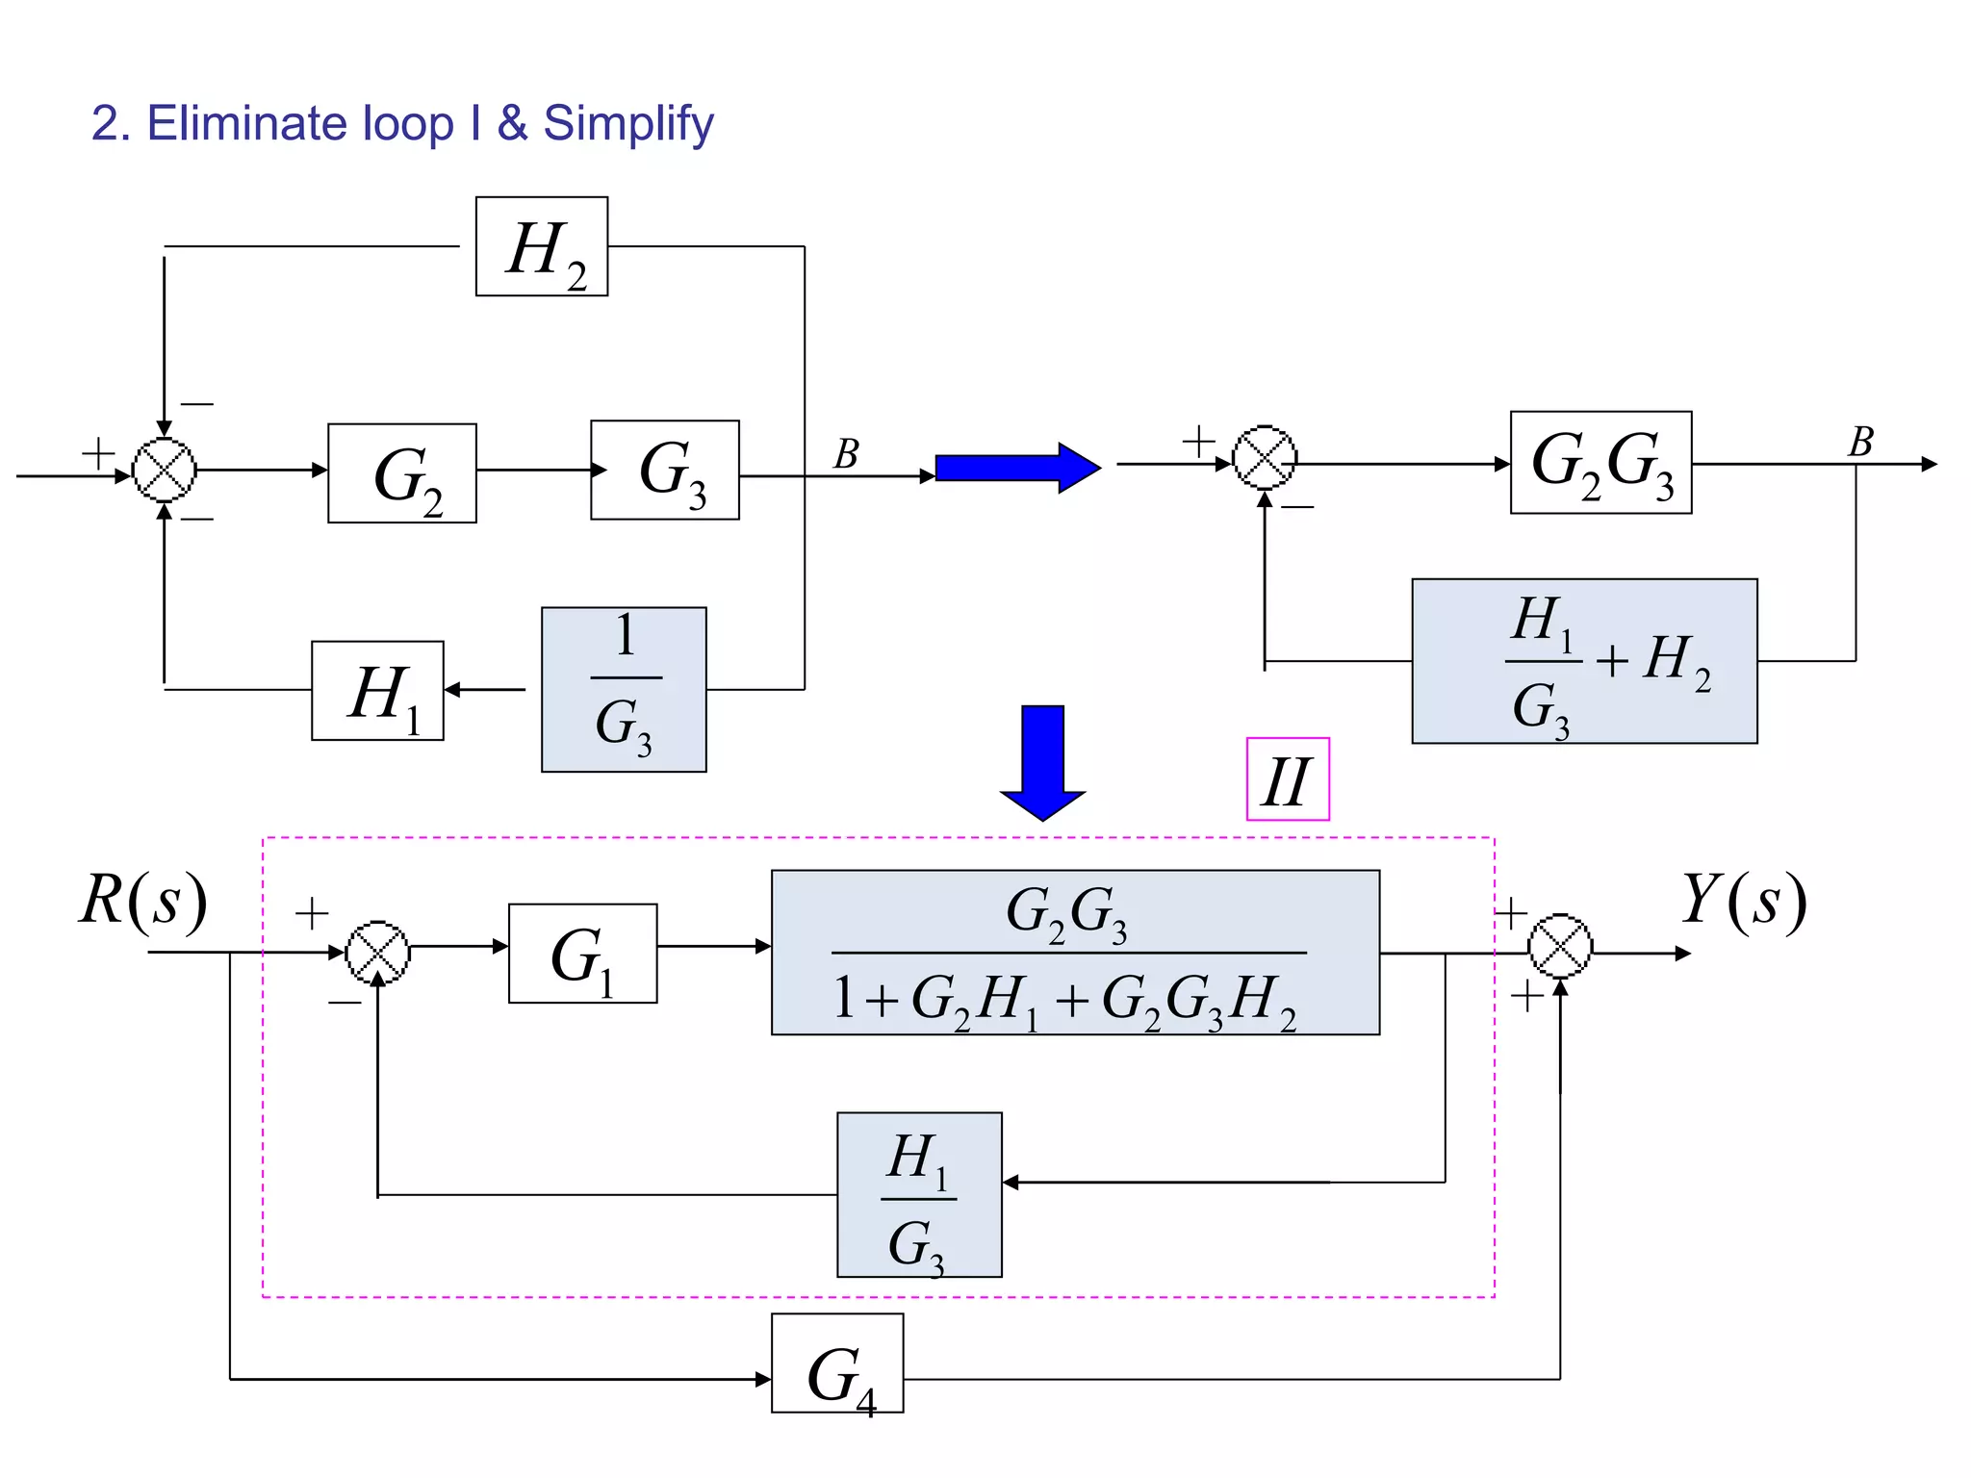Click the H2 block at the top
(542, 246)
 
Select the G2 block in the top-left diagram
(402, 473)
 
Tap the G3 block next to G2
(665, 470)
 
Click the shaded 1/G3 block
(624, 689)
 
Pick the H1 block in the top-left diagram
(377, 691)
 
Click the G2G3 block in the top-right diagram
(1600, 463)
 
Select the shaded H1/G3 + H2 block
(1584, 661)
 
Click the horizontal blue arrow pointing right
(1017, 468)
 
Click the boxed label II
(1288, 779)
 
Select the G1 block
(582, 954)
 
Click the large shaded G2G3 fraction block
(1075, 953)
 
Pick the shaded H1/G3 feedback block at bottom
(919, 1195)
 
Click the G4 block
(837, 1363)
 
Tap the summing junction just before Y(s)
(1560, 946)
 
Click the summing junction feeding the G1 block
(377, 953)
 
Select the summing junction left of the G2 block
(165, 470)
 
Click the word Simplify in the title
(628, 124)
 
